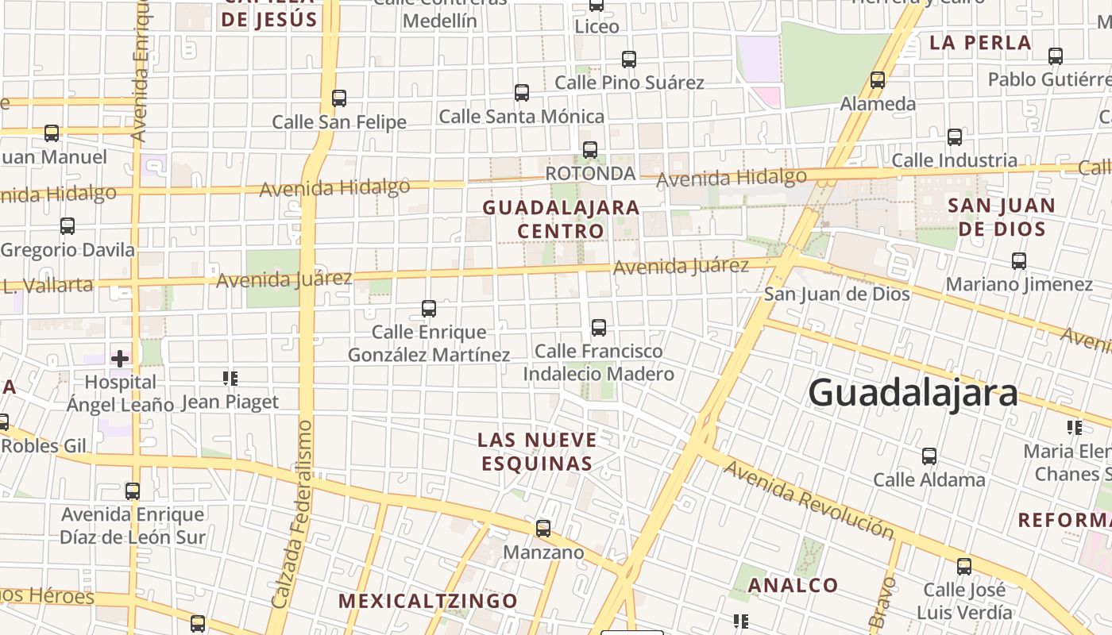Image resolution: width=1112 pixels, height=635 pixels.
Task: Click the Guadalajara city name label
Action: click(x=913, y=393)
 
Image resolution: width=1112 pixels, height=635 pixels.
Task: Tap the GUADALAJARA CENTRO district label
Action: click(x=561, y=219)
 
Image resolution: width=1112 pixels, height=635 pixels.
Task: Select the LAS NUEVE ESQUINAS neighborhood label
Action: click(x=537, y=451)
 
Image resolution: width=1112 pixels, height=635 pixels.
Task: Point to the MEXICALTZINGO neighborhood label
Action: click(x=428, y=601)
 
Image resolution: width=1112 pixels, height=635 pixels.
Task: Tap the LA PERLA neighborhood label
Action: click(x=980, y=43)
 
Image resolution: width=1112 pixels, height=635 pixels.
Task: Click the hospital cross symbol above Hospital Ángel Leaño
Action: click(x=120, y=359)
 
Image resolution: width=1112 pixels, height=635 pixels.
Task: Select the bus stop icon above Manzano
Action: click(x=543, y=529)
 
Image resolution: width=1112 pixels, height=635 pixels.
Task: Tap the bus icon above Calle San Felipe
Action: click(x=339, y=98)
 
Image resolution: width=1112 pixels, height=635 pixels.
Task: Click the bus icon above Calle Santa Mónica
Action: click(x=522, y=93)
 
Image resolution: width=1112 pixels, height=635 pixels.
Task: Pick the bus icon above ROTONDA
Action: click(x=590, y=149)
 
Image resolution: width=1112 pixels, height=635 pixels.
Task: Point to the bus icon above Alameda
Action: click(x=878, y=80)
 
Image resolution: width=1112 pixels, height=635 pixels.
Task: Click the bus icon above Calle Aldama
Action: click(x=929, y=456)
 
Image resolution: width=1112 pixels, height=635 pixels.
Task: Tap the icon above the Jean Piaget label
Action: click(x=230, y=379)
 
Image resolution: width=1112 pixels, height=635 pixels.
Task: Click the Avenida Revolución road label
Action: click(x=809, y=498)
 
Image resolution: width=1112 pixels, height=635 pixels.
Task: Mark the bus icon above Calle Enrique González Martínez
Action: click(x=429, y=308)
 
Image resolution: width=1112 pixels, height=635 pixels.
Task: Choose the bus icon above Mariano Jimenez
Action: click(x=1019, y=260)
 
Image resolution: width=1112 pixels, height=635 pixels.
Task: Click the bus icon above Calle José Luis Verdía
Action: click(x=964, y=567)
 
